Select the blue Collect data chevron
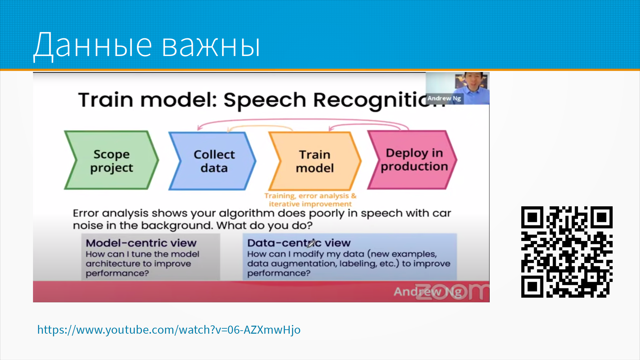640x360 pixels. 213,161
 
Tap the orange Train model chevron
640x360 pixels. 315,161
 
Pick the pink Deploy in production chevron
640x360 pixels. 413,160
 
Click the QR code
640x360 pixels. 567,252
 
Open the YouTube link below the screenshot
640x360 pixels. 169,330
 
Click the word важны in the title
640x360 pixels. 211,45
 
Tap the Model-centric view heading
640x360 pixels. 141,243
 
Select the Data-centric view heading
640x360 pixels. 299,243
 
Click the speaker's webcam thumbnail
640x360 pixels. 457,88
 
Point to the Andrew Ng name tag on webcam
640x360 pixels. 444,98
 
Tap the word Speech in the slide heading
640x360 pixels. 265,100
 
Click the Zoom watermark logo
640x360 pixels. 452,291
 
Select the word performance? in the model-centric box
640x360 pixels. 117,273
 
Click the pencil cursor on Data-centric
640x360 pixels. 311,243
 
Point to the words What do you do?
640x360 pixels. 264,226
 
